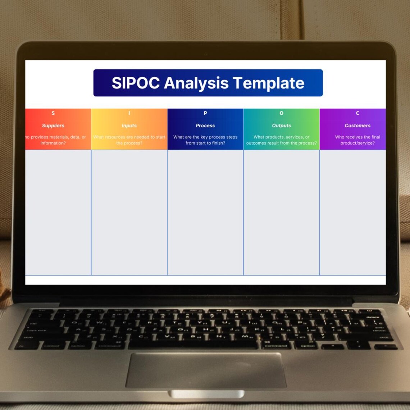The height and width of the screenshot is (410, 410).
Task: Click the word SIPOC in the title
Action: point(136,83)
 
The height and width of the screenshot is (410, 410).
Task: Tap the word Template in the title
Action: point(268,83)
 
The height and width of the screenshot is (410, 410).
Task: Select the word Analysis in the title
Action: point(196,83)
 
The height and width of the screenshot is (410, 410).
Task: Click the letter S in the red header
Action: point(53,113)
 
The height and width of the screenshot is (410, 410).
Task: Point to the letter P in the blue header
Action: point(205,113)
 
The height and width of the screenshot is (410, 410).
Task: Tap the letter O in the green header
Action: point(281,113)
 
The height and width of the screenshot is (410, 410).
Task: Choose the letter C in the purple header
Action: point(357,113)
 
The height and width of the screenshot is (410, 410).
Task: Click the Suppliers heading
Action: point(53,126)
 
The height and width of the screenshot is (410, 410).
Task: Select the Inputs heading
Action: point(129,126)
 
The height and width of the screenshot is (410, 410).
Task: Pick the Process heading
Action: point(205,126)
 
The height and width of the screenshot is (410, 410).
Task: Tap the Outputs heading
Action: point(281,126)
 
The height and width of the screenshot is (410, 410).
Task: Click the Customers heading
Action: point(357,126)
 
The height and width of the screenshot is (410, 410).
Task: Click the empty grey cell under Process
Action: point(205,212)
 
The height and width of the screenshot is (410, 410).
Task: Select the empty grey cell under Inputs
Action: point(129,212)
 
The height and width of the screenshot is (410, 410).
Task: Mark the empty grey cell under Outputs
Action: point(281,212)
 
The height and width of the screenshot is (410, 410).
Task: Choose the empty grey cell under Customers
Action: point(352,212)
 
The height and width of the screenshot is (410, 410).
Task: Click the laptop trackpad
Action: point(206,370)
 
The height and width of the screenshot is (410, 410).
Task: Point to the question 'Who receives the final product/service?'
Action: point(357,140)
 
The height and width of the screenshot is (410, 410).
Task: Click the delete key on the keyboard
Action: point(373,317)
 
